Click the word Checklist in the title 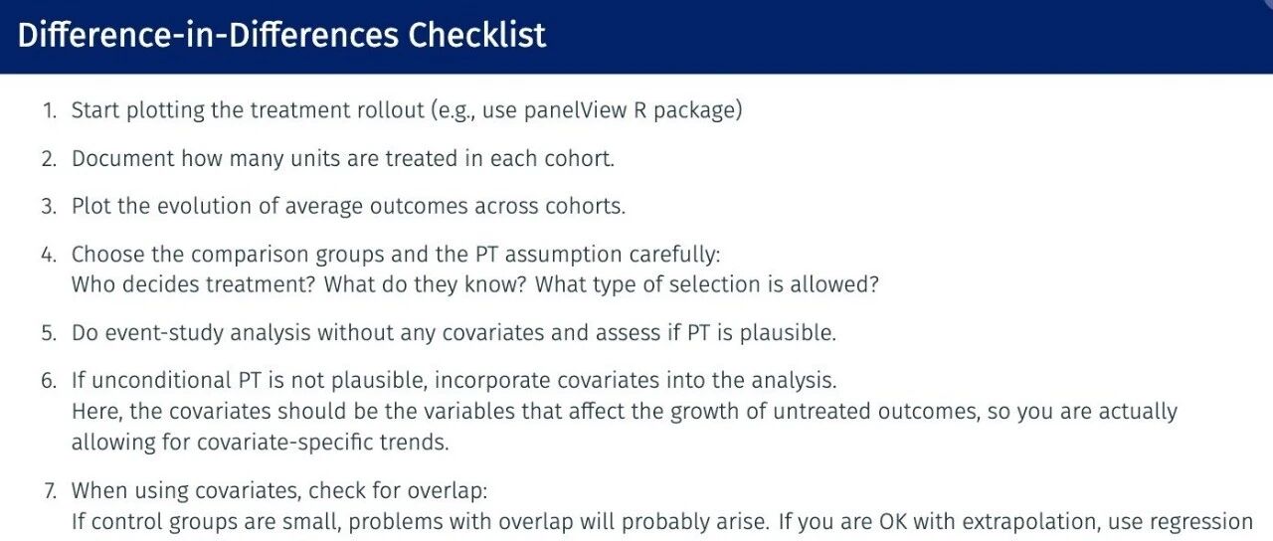pos(476,35)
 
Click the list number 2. pos(49,158)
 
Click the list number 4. pos(49,254)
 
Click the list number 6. pos(49,380)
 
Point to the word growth pos(705,412)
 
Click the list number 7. pos(50,490)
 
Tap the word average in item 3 pos(323,207)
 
